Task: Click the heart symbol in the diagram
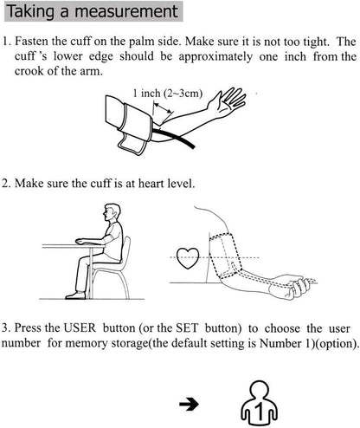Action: (187, 256)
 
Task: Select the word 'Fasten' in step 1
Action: (34, 42)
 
